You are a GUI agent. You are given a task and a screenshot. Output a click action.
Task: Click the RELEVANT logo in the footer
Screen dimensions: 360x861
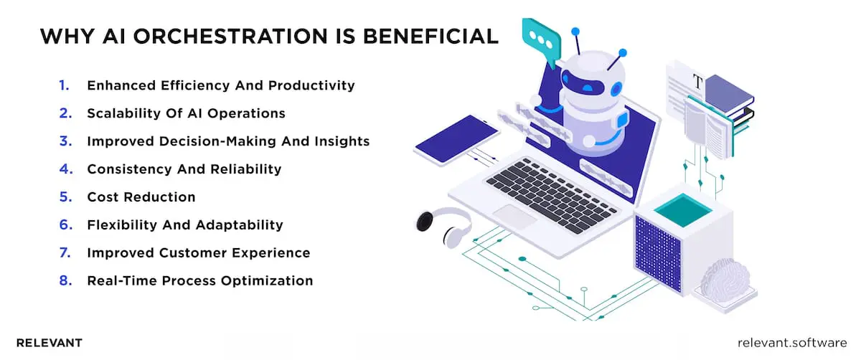click(x=49, y=343)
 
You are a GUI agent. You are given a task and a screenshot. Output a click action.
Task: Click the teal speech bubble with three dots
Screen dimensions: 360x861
click(x=540, y=40)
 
